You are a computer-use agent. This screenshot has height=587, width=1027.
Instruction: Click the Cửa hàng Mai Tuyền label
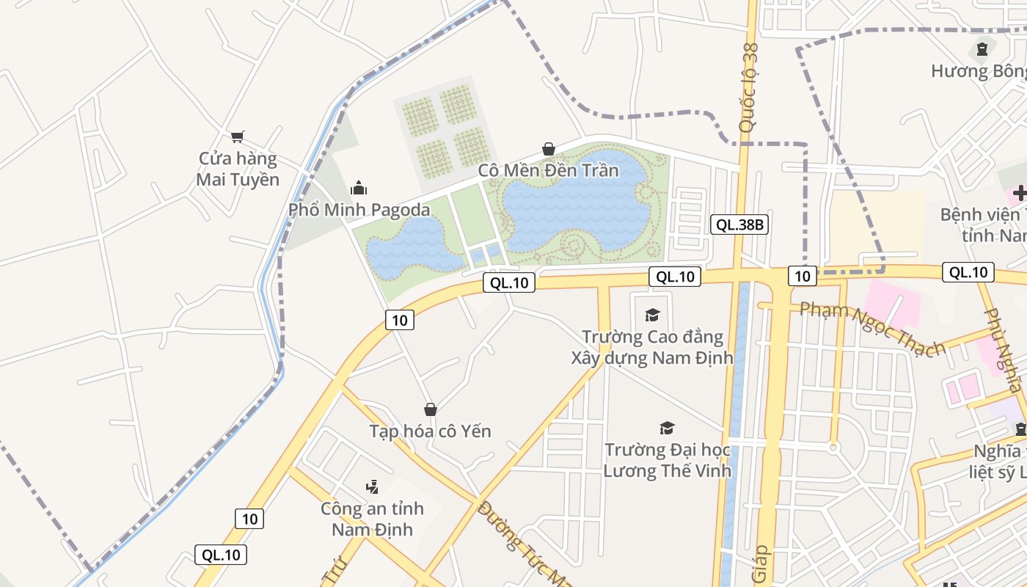pyautogui.click(x=238, y=169)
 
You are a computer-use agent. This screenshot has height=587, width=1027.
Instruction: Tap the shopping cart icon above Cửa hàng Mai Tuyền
pyautogui.click(x=237, y=136)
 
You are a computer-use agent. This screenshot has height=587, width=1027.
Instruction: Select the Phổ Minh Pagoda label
pyautogui.click(x=359, y=210)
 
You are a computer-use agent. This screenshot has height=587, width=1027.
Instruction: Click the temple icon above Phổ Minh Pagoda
pyautogui.click(x=359, y=188)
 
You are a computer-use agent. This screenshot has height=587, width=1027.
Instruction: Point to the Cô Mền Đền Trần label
pyautogui.click(x=548, y=170)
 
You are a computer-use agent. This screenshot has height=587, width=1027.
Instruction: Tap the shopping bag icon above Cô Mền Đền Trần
pyautogui.click(x=548, y=149)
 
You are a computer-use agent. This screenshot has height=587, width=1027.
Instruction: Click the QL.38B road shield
pyautogui.click(x=739, y=225)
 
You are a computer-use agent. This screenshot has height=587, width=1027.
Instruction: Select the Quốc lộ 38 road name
pyautogui.click(x=749, y=88)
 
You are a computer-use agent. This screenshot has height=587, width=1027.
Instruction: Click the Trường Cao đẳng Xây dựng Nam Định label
pyautogui.click(x=652, y=347)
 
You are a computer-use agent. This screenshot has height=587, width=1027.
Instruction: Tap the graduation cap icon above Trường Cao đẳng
pyautogui.click(x=652, y=316)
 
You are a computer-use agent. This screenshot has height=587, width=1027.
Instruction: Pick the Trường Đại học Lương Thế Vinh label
pyautogui.click(x=667, y=460)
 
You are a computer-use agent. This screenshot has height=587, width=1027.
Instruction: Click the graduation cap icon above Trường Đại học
pyautogui.click(x=667, y=428)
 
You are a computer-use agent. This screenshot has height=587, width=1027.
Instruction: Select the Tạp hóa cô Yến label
pyautogui.click(x=430, y=431)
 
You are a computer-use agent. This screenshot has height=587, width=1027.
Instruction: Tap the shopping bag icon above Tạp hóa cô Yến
pyautogui.click(x=431, y=409)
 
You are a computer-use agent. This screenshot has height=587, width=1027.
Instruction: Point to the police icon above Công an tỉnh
pyautogui.click(x=372, y=486)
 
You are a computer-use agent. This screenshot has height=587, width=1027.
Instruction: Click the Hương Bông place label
pyautogui.click(x=979, y=71)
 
